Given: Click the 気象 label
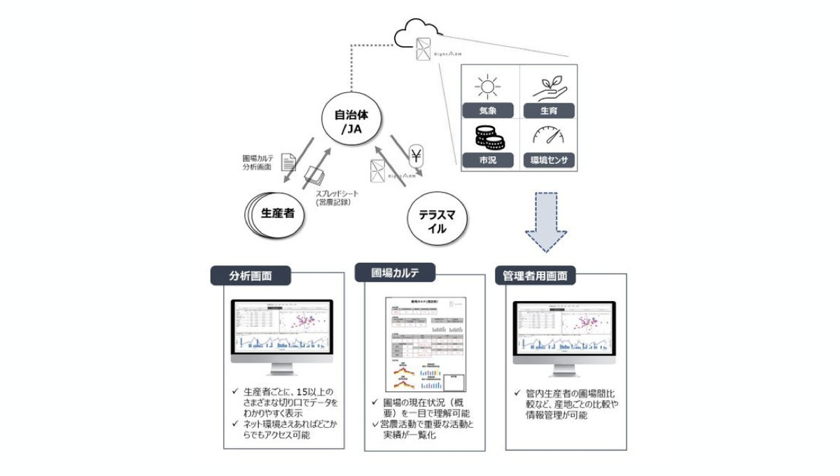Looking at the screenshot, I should (x=489, y=111).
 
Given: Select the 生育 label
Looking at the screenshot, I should (x=549, y=111).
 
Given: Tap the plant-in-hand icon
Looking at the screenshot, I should (x=549, y=87).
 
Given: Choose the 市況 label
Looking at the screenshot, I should (x=489, y=160).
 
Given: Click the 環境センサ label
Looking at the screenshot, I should (x=549, y=160).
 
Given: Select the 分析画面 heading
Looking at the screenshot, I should (x=251, y=275).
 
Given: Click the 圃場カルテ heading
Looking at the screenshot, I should (x=394, y=272).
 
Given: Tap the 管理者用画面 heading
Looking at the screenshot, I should (x=535, y=275).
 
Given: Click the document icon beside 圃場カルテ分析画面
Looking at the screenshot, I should (x=288, y=163).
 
